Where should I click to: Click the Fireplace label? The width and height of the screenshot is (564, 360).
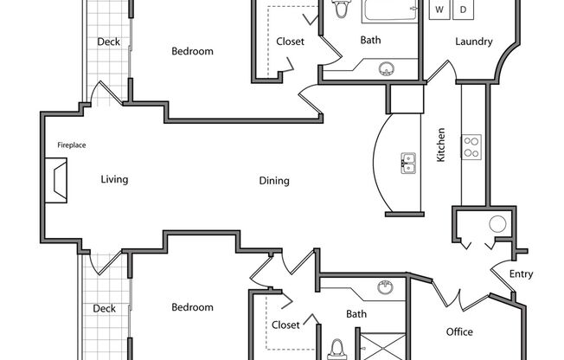coord(72,145)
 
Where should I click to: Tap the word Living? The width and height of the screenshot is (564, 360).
coord(114,180)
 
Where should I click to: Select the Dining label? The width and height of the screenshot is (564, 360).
coord(274,181)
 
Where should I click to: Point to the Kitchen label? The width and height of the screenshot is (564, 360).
coord(440,145)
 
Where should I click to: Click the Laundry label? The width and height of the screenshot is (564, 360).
coord(473,42)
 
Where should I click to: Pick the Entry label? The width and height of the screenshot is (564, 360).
coord(522,274)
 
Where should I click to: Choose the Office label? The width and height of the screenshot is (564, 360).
coord(459,331)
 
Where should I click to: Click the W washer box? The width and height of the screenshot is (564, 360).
coord(440,10)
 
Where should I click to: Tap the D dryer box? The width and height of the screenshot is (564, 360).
coord(464,10)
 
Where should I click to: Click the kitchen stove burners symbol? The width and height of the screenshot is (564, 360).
coord(471,146)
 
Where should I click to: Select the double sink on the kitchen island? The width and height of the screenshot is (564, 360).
coord(408,162)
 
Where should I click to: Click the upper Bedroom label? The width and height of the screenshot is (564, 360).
coord(192,51)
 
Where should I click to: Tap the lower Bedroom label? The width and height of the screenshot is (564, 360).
coord(192,307)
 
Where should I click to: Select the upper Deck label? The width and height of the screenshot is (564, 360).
coord(108,42)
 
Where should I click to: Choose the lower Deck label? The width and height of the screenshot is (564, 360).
coord(105,308)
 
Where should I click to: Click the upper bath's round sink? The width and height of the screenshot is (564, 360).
coord(388,69)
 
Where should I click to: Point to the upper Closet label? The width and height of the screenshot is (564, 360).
coord(290,42)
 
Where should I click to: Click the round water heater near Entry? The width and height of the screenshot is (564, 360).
coord(498,225)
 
